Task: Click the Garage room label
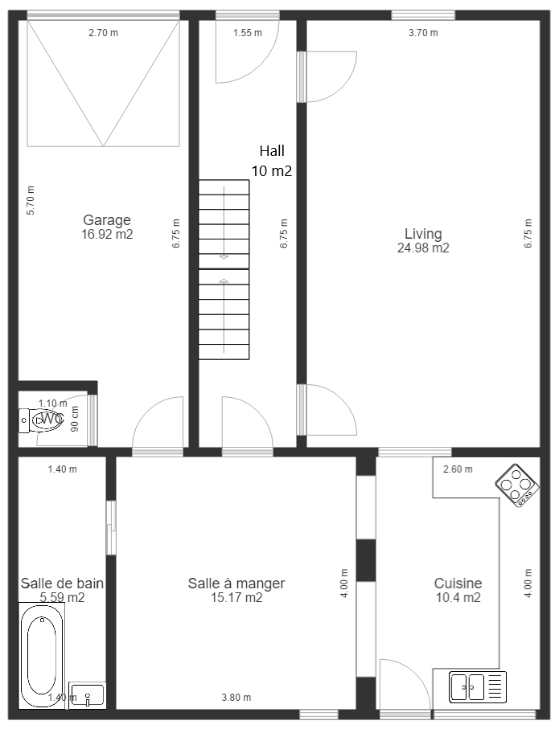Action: tap(107, 220)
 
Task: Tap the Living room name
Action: tap(423, 233)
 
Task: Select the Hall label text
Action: tap(273, 150)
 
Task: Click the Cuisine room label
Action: tap(458, 583)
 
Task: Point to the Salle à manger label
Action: tap(236, 583)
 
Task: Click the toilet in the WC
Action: tap(41, 420)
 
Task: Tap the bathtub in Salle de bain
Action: tap(42, 655)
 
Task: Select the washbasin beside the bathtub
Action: tap(87, 695)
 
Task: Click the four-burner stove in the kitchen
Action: tap(517, 485)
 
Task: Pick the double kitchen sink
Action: tap(478, 686)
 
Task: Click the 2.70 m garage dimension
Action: tap(103, 32)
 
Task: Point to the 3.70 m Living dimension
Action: tap(423, 32)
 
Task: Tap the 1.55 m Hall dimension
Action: tap(248, 32)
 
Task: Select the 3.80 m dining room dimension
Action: tap(236, 698)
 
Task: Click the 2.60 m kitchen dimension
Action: tap(458, 469)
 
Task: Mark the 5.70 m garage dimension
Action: tap(31, 200)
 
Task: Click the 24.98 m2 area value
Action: tap(423, 248)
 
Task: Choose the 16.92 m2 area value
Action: tap(107, 234)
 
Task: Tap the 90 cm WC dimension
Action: tap(75, 419)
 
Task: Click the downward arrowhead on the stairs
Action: tap(224, 257)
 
